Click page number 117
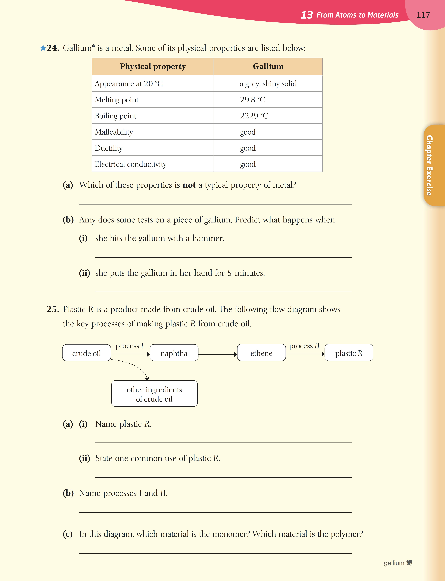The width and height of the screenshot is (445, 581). (x=423, y=15)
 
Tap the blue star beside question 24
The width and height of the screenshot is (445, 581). (x=43, y=48)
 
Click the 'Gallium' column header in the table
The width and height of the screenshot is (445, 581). (x=268, y=66)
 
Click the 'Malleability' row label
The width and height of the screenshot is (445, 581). (x=114, y=132)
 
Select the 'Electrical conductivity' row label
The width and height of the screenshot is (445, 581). (x=131, y=164)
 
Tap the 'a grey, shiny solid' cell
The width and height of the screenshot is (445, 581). (x=268, y=84)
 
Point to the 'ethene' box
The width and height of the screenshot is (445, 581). (x=261, y=353)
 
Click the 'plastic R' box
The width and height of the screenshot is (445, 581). (x=349, y=353)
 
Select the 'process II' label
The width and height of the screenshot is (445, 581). (x=304, y=346)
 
